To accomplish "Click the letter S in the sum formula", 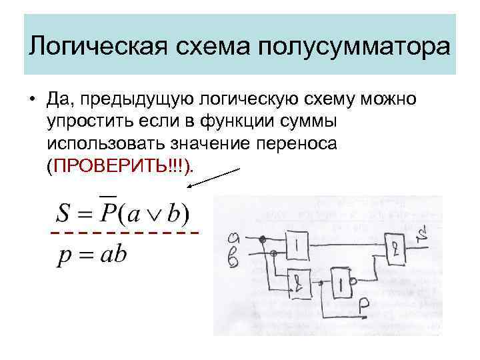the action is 64,213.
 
